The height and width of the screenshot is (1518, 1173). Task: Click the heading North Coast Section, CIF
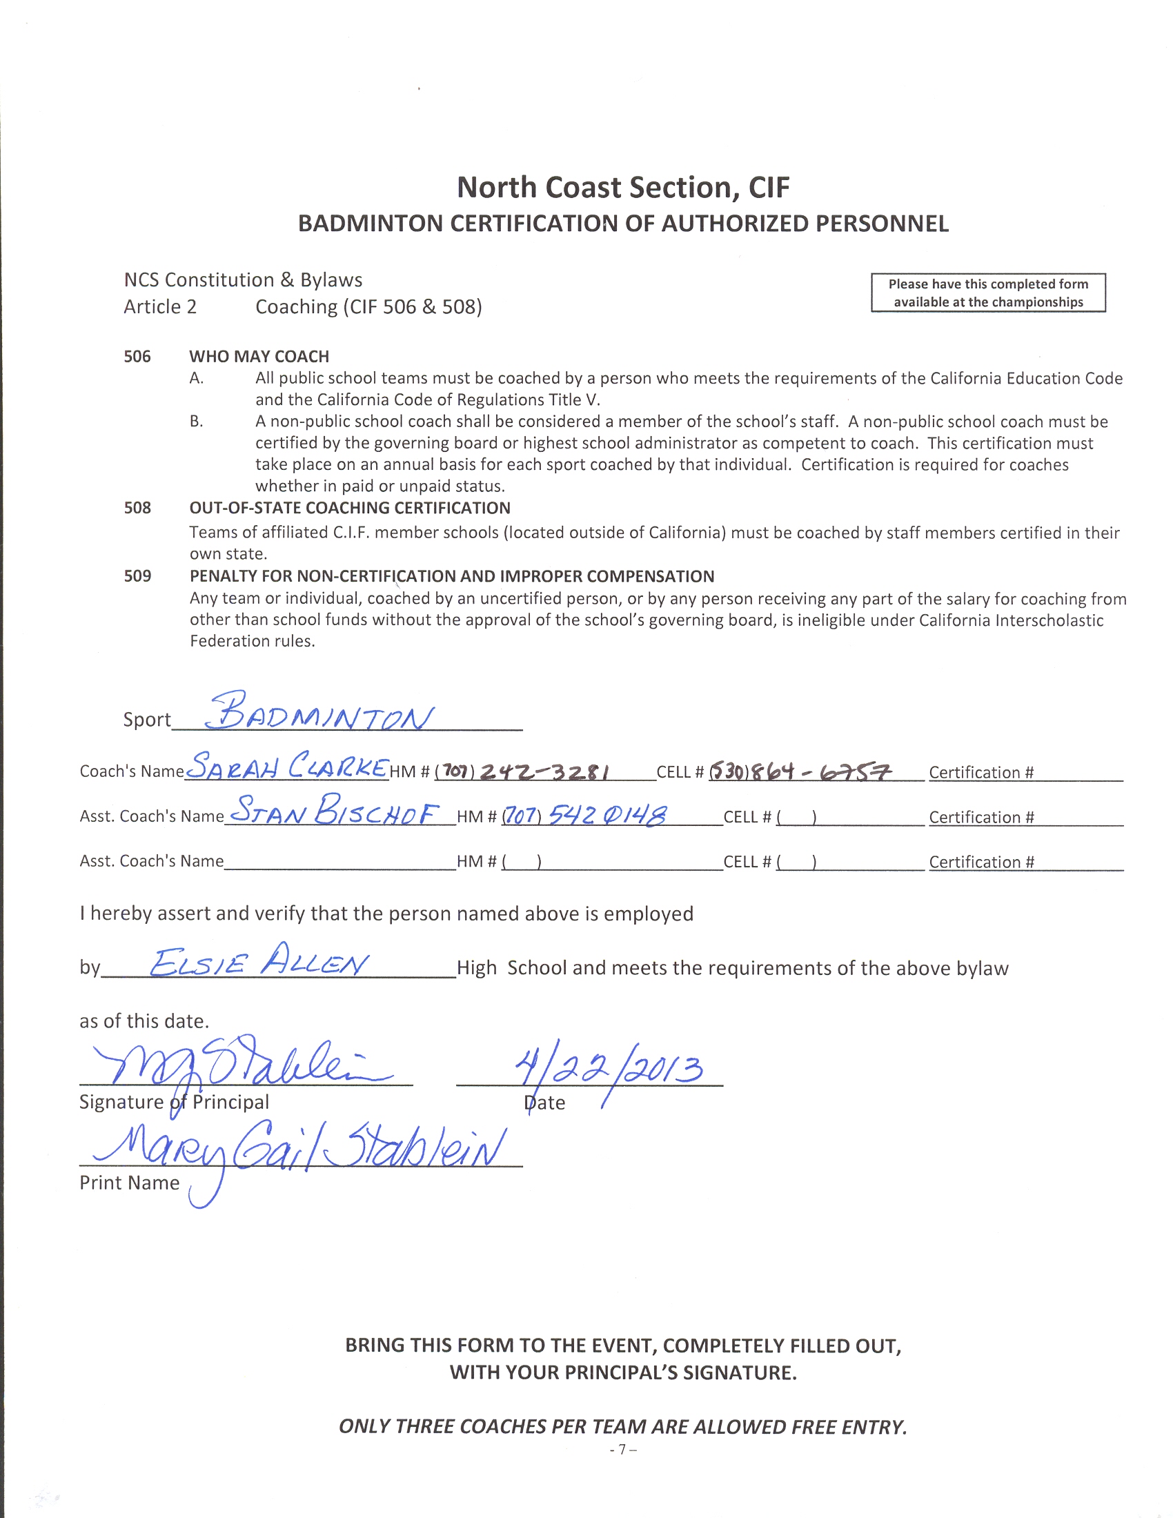[622, 188]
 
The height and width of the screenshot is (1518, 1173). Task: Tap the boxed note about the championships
[987, 293]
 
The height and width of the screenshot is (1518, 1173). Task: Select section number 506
[137, 357]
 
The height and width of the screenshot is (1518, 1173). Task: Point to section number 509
[137, 576]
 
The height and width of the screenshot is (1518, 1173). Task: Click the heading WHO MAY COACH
[259, 357]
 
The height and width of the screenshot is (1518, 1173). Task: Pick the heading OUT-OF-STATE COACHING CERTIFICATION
[350, 508]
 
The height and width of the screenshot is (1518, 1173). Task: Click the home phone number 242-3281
[545, 772]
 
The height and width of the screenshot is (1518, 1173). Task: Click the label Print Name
[129, 1183]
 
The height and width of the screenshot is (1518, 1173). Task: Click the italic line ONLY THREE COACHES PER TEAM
[622, 1427]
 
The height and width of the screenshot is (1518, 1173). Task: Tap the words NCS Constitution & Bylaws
[242, 280]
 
